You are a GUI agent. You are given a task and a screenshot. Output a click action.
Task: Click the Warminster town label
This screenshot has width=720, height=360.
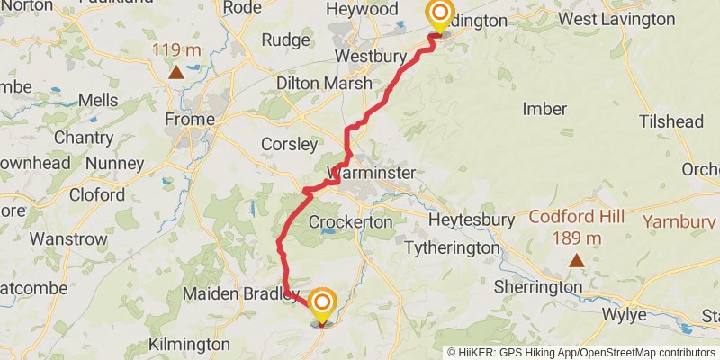(x=373, y=172)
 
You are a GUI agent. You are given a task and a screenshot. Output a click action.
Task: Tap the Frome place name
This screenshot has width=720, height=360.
(x=190, y=119)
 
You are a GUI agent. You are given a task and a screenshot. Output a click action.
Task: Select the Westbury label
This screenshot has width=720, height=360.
(x=365, y=56)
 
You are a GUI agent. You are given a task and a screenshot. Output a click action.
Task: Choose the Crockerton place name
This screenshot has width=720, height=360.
(x=350, y=221)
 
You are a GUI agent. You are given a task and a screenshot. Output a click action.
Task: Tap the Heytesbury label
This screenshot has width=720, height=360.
(x=472, y=220)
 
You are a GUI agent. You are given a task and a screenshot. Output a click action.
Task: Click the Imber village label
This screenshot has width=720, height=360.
(x=544, y=109)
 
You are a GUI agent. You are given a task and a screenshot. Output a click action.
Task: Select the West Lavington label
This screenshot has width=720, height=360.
(x=616, y=19)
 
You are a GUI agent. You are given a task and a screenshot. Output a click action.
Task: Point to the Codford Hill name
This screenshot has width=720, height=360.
(x=576, y=217)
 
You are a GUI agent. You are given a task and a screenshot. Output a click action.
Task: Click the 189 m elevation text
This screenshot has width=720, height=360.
(x=576, y=238)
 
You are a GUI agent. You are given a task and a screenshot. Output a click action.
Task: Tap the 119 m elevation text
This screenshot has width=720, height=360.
(x=176, y=49)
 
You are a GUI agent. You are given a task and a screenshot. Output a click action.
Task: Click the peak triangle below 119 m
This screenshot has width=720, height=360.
(x=176, y=71)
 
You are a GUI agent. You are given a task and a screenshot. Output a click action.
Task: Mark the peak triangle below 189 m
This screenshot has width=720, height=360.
(x=576, y=260)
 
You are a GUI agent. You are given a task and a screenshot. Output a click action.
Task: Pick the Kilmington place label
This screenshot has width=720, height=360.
(x=189, y=344)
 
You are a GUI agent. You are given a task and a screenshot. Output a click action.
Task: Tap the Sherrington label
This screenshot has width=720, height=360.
(x=538, y=287)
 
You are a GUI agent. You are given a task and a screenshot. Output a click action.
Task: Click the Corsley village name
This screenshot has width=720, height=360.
(x=289, y=144)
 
